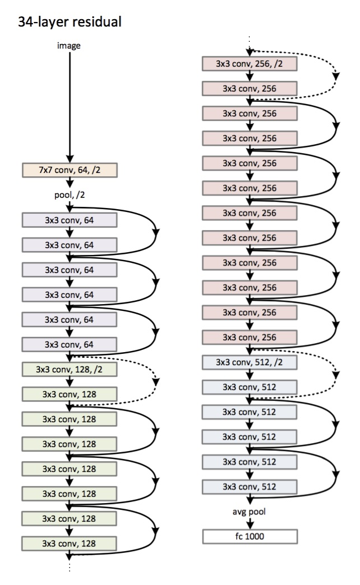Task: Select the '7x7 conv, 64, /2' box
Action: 69,170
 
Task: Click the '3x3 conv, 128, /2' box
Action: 69,370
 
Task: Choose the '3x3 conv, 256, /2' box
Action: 249,63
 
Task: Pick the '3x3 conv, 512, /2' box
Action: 249,362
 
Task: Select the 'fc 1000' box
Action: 249,535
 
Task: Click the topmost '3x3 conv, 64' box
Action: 69,219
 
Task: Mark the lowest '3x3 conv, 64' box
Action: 69,344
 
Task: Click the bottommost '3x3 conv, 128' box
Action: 69,543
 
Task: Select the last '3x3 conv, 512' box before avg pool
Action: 249,486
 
